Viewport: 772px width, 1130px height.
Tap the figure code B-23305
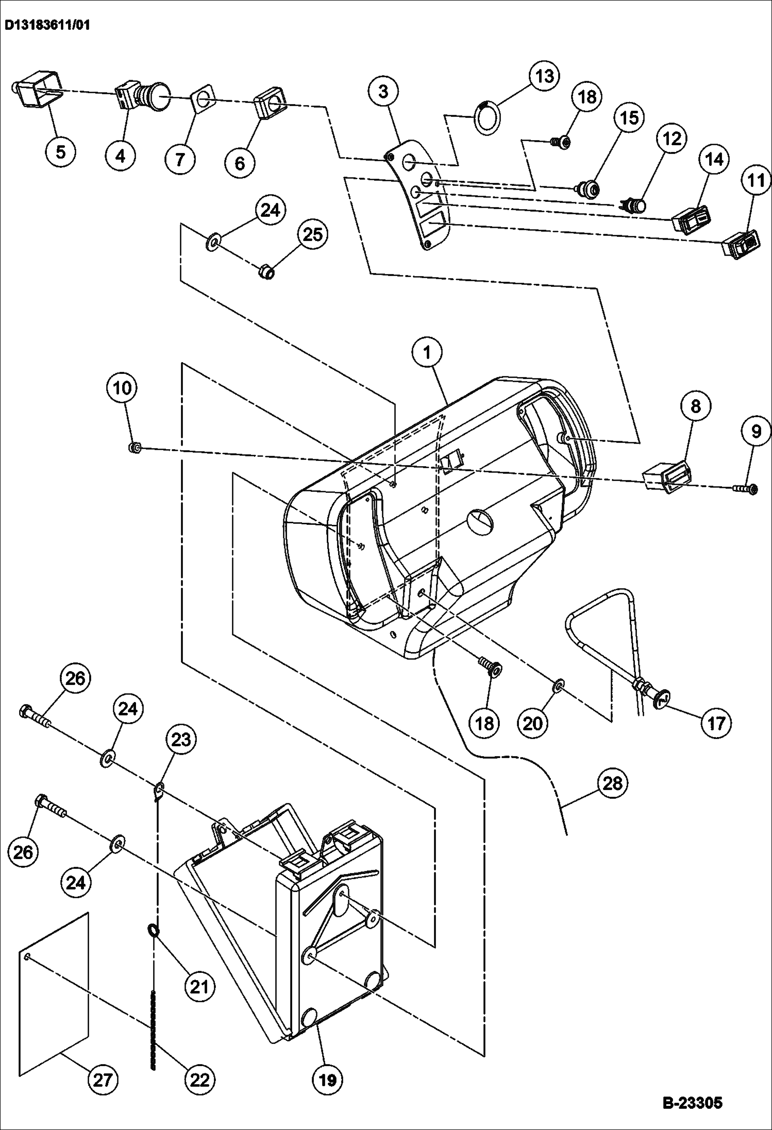[692, 1103]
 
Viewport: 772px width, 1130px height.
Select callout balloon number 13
[545, 76]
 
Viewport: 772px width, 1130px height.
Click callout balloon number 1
[427, 353]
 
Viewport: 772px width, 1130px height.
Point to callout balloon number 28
[612, 783]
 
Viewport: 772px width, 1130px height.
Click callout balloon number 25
[313, 234]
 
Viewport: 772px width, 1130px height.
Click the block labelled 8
[665, 475]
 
